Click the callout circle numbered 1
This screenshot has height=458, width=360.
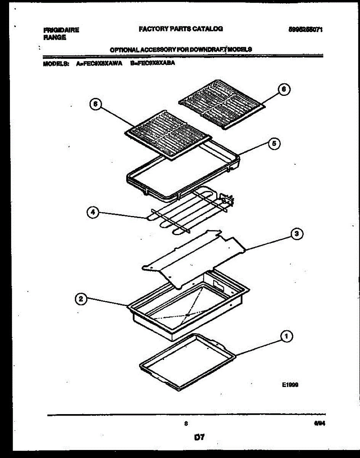[286, 337]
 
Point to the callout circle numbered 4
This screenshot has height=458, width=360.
[92, 213]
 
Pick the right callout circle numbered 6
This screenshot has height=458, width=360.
[283, 89]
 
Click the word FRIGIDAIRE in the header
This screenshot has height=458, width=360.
[61, 30]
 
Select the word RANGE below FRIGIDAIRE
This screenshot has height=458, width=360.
[55, 37]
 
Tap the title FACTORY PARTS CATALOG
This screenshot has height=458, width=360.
[180, 29]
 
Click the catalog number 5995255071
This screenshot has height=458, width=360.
[306, 29]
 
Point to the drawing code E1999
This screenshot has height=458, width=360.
[290, 385]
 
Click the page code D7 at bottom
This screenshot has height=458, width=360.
[199, 437]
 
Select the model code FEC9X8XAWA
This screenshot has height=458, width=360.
[99, 64]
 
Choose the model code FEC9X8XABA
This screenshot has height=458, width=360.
[152, 64]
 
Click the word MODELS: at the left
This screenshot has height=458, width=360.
[56, 64]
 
